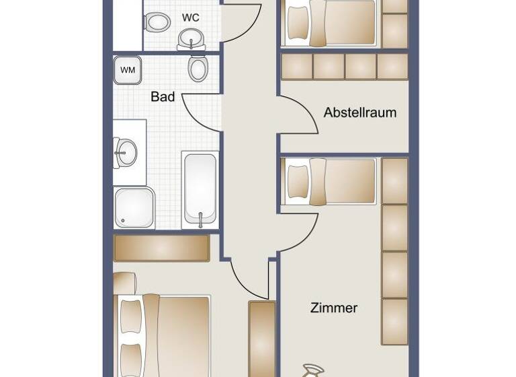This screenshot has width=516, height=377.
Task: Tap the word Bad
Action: [x=163, y=97]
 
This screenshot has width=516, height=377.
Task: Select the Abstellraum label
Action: [x=359, y=112]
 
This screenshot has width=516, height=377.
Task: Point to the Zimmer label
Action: [x=334, y=308]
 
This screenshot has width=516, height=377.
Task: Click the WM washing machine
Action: [x=127, y=69]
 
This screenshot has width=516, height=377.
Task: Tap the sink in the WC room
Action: [x=192, y=38]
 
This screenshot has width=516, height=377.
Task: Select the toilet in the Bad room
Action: [x=198, y=67]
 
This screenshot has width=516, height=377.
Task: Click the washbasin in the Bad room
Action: [x=126, y=153]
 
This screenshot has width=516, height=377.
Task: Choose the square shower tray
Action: [x=134, y=207]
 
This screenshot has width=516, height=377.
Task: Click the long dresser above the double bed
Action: [x=162, y=248]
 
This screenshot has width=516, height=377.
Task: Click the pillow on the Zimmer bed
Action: [x=297, y=180]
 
